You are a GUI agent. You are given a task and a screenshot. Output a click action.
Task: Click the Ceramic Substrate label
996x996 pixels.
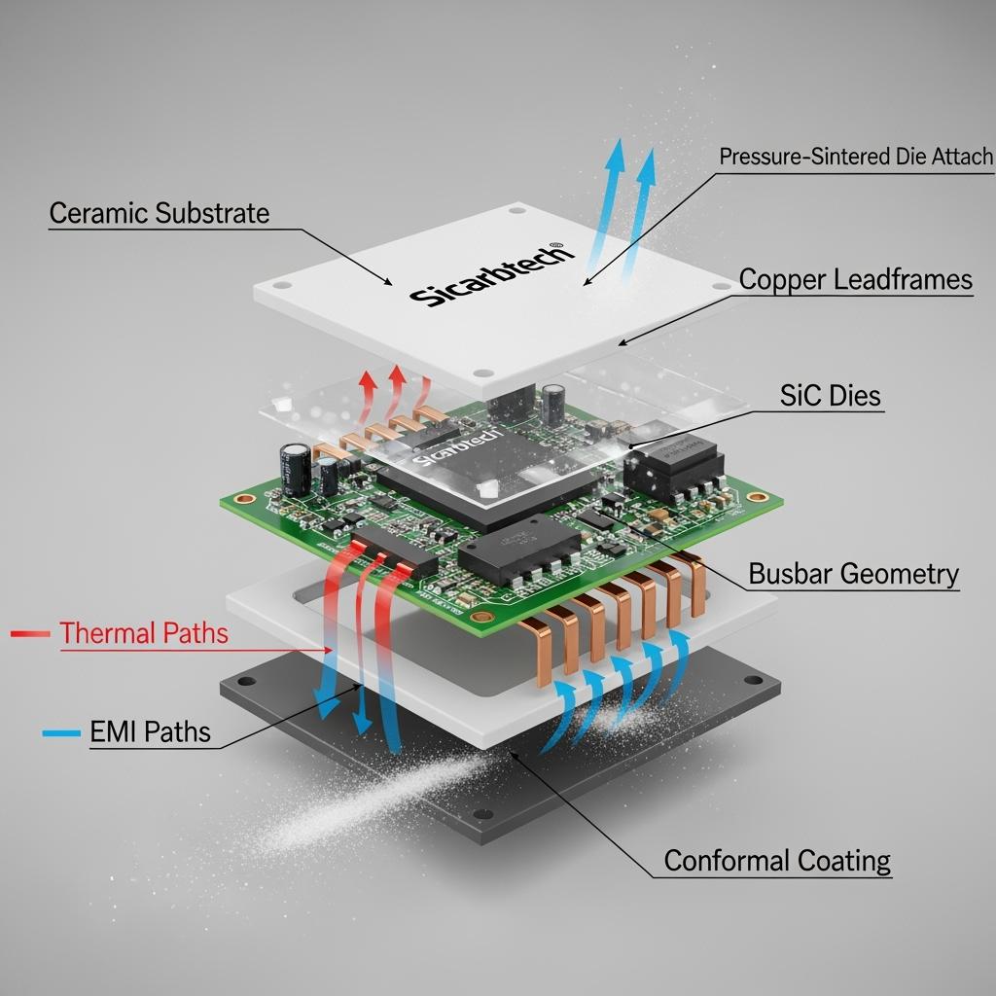tap(159, 213)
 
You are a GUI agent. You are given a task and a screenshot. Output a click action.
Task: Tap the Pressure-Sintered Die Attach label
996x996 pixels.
tap(856, 157)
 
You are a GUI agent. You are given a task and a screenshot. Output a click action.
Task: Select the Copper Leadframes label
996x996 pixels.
tap(855, 280)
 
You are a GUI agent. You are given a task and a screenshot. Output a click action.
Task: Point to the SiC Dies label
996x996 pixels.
tap(830, 395)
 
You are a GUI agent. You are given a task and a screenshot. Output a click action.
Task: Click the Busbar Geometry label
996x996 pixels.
tap(853, 574)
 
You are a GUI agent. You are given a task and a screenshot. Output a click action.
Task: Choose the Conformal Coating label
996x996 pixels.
tap(777, 861)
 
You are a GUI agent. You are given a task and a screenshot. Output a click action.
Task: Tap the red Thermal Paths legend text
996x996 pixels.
tap(144, 634)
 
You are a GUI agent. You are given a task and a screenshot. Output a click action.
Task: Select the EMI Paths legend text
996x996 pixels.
tap(150, 731)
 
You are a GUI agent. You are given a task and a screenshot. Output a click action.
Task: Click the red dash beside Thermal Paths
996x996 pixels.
tap(28, 634)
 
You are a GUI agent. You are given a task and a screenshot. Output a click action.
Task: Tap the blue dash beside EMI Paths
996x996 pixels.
tap(59, 732)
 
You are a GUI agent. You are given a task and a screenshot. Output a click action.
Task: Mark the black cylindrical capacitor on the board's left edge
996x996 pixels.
tap(296, 468)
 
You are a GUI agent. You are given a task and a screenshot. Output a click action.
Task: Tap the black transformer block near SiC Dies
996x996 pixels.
tap(673, 466)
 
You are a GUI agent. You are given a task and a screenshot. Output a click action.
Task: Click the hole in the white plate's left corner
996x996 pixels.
tap(281, 287)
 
